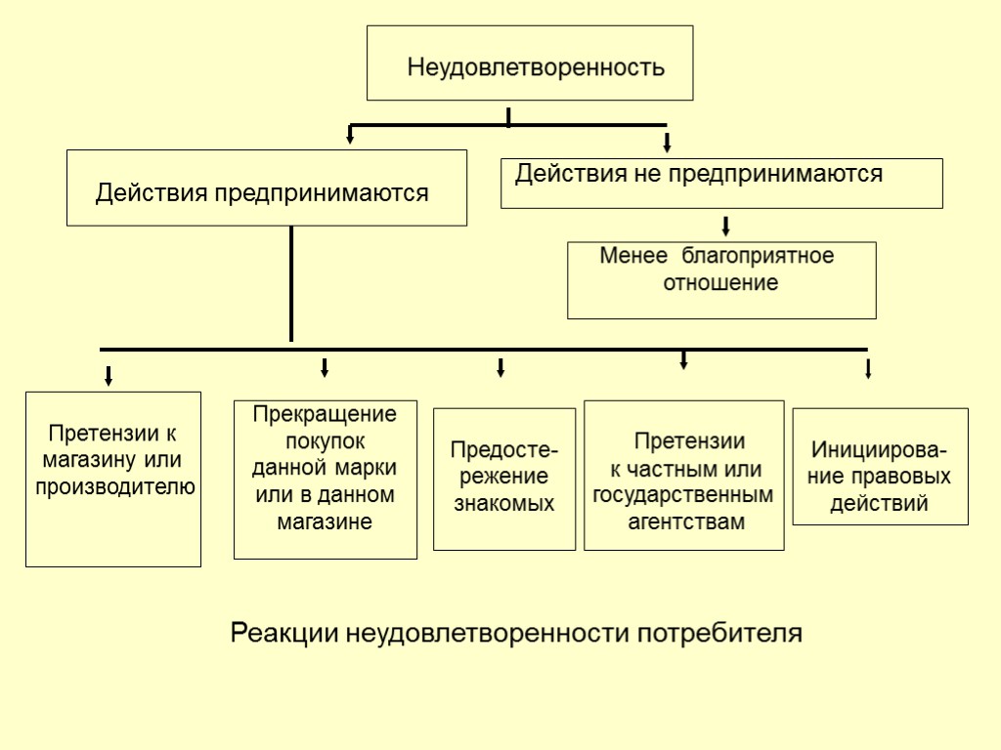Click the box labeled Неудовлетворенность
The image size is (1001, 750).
click(x=530, y=63)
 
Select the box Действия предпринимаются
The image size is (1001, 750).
click(x=267, y=187)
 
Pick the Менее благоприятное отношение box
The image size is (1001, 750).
click(x=721, y=280)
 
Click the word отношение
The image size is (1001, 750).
click(x=721, y=284)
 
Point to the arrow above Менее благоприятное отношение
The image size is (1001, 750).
click(x=726, y=227)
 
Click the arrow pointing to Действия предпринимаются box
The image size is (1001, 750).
click(x=350, y=135)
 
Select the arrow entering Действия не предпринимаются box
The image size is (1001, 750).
click(x=667, y=143)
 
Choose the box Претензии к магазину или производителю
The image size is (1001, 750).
click(x=113, y=479)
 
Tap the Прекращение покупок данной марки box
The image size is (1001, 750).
click(x=326, y=479)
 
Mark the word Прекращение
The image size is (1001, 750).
click(x=326, y=414)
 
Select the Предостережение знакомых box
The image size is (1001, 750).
click(x=504, y=479)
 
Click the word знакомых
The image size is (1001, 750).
click(x=504, y=505)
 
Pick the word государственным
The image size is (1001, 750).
click(x=683, y=496)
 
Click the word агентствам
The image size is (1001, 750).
click(x=685, y=522)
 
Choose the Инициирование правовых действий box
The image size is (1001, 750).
click(x=880, y=467)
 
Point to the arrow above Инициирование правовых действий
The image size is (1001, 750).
click(x=868, y=369)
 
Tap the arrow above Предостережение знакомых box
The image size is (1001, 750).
click(x=500, y=367)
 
